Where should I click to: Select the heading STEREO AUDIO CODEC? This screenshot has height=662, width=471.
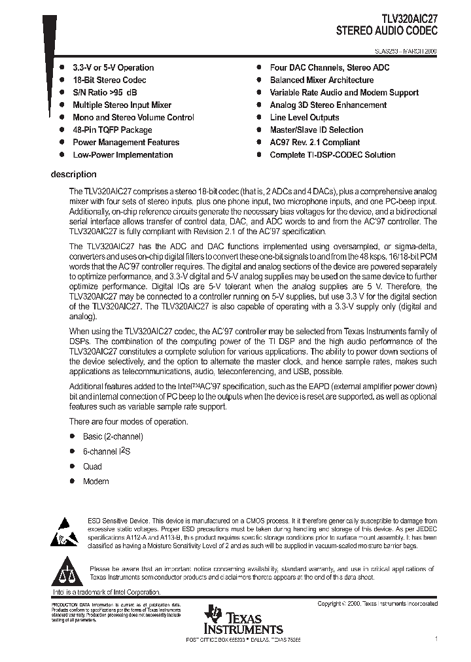[387, 31]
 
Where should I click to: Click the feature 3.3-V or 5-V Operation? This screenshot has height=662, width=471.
[113, 67]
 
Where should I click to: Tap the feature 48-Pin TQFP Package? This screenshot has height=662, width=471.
[112, 130]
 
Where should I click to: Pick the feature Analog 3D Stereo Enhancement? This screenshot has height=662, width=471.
[328, 105]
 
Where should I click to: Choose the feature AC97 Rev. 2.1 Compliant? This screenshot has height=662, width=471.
[315, 143]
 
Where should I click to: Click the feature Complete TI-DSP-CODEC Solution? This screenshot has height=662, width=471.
[332, 155]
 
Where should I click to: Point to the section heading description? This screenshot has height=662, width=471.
[73, 175]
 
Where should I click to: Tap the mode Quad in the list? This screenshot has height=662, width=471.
[92, 467]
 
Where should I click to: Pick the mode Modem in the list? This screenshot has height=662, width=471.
[96, 481]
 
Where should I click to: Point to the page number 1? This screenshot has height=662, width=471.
[436, 638]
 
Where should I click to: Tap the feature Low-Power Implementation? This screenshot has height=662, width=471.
[122, 155]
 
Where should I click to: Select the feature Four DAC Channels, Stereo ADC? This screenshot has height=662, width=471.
[330, 67]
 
